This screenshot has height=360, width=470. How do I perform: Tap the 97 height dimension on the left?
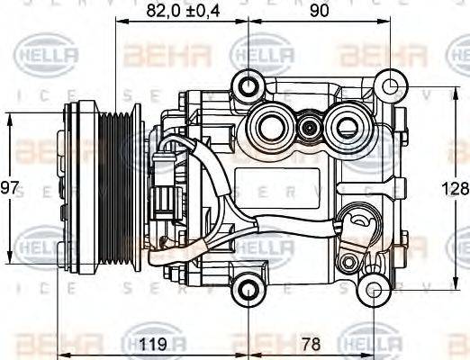[x=10, y=188]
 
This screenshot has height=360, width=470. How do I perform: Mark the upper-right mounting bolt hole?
[x=390, y=87]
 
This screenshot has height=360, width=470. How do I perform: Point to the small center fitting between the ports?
[x=310, y=126]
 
